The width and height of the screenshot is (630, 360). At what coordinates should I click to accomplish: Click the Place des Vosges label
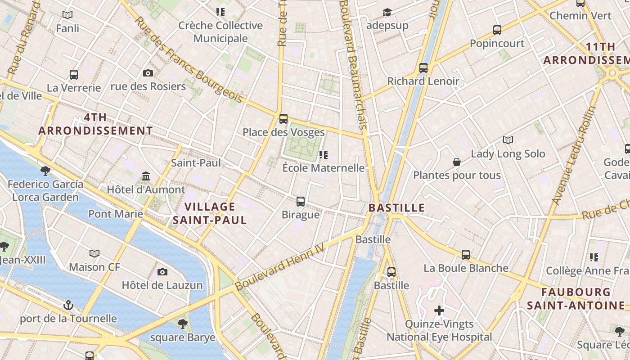point(283,132)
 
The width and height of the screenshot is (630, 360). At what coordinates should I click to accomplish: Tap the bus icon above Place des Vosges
point(283,119)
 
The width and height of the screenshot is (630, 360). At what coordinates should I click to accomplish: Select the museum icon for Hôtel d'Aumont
point(145,176)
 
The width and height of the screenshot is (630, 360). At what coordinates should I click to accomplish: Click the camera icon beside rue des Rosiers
point(148,73)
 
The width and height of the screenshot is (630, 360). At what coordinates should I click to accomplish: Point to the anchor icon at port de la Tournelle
point(68,306)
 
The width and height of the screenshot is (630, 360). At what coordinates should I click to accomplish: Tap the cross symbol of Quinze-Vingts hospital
point(439,310)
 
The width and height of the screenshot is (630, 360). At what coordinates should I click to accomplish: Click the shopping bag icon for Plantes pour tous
point(457,162)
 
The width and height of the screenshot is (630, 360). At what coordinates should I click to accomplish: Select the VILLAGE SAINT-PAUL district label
point(210,213)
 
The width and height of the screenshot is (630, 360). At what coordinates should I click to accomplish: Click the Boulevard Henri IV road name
point(279,267)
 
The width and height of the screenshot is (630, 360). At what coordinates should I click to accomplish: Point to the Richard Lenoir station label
point(423,81)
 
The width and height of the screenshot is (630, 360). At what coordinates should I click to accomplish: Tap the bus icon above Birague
point(300,201)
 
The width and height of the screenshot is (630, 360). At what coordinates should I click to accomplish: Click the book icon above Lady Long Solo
point(508,140)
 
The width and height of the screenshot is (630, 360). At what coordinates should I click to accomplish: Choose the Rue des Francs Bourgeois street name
point(189,60)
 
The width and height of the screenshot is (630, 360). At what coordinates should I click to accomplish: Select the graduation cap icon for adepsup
point(387,12)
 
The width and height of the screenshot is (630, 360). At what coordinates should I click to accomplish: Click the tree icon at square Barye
point(182,324)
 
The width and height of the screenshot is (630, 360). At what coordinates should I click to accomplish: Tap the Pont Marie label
point(116,214)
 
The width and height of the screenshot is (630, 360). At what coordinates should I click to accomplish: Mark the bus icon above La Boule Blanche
point(466,255)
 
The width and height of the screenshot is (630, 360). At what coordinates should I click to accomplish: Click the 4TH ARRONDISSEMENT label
point(95,124)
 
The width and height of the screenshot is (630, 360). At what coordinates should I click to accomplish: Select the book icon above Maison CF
point(94,254)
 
